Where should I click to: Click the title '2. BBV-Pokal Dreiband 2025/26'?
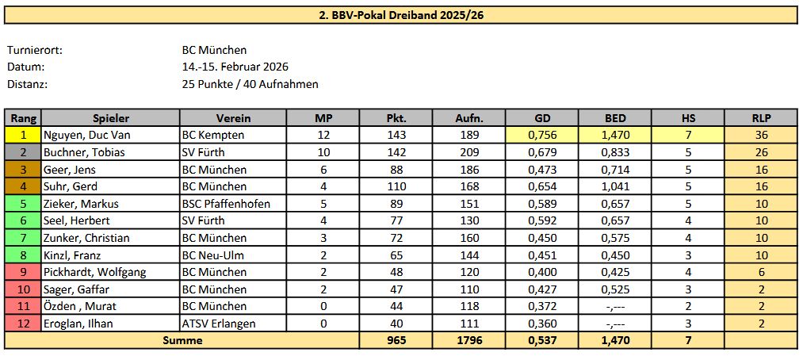400,14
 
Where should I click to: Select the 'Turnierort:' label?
34,50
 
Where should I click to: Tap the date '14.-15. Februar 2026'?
235,67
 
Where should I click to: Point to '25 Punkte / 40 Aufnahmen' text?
250,84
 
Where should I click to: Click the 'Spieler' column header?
110,118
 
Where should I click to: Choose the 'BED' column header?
614,118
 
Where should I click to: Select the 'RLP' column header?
761,118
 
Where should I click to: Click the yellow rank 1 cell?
23,136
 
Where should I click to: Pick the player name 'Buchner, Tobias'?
83,152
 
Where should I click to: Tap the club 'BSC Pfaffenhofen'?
225,204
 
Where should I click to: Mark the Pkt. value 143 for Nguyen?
396,136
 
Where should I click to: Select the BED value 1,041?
614,186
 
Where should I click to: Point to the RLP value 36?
761,136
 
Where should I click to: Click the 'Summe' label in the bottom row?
182,340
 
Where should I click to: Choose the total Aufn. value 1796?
469,340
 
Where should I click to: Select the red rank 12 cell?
23,323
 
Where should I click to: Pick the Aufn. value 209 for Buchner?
469,152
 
